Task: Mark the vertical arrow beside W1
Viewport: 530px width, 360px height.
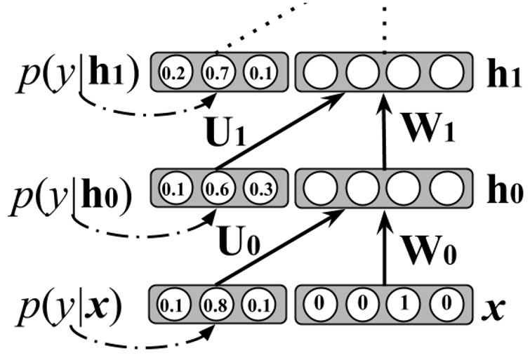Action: point(384,133)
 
